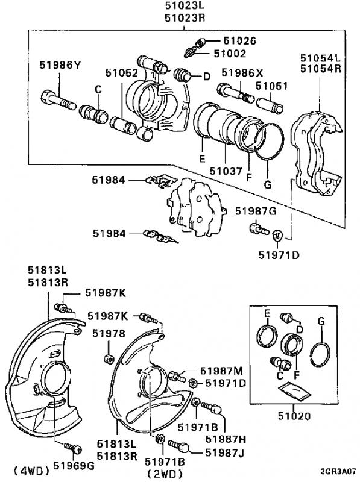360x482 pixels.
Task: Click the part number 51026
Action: coord(239,41)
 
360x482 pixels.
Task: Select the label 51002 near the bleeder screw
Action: coord(230,54)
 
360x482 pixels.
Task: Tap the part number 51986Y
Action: coord(60,65)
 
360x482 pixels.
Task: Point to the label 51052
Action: coord(122,73)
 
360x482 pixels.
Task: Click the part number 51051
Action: coord(272,86)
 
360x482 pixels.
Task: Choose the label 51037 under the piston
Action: coord(226,171)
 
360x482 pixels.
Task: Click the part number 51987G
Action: coord(256,211)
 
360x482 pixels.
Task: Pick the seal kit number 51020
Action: coord(294,416)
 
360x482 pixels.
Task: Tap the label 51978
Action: coord(109,334)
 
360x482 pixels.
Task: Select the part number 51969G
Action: coord(74,466)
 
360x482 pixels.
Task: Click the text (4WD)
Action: coord(32,471)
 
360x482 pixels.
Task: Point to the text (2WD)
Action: coord(165,474)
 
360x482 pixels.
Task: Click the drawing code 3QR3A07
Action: coord(338,471)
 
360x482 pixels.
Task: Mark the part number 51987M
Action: coord(221,371)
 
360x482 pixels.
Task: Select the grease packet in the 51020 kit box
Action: coord(294,391)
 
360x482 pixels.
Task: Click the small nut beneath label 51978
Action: coord(109,358)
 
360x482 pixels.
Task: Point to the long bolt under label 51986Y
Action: coord(58,100)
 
